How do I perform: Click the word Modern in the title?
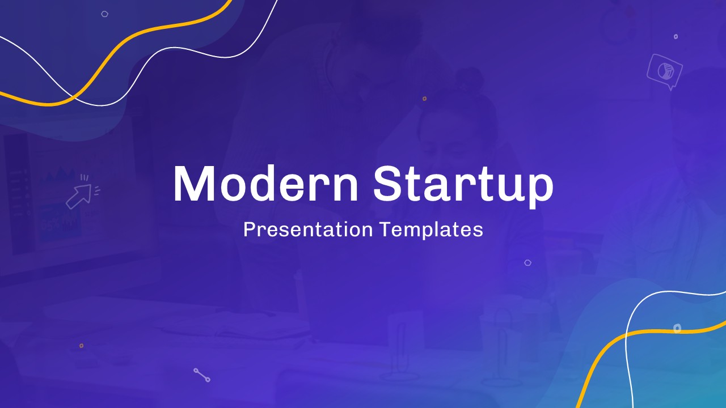point(265,184)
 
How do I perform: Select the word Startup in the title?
point(463,185)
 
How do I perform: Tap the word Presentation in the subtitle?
point(308,229)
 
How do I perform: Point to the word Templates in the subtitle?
point(431,229)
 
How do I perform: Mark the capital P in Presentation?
point(248,229)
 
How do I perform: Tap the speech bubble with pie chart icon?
point(664,71)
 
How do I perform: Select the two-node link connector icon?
point(202,375)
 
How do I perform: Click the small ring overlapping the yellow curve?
point(677,328)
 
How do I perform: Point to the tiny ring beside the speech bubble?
point(676,36)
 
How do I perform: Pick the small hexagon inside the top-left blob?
point(104,14)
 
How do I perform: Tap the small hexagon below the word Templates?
point(527,262)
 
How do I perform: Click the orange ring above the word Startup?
point(424,99)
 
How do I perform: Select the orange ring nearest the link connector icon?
point(81,345)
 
